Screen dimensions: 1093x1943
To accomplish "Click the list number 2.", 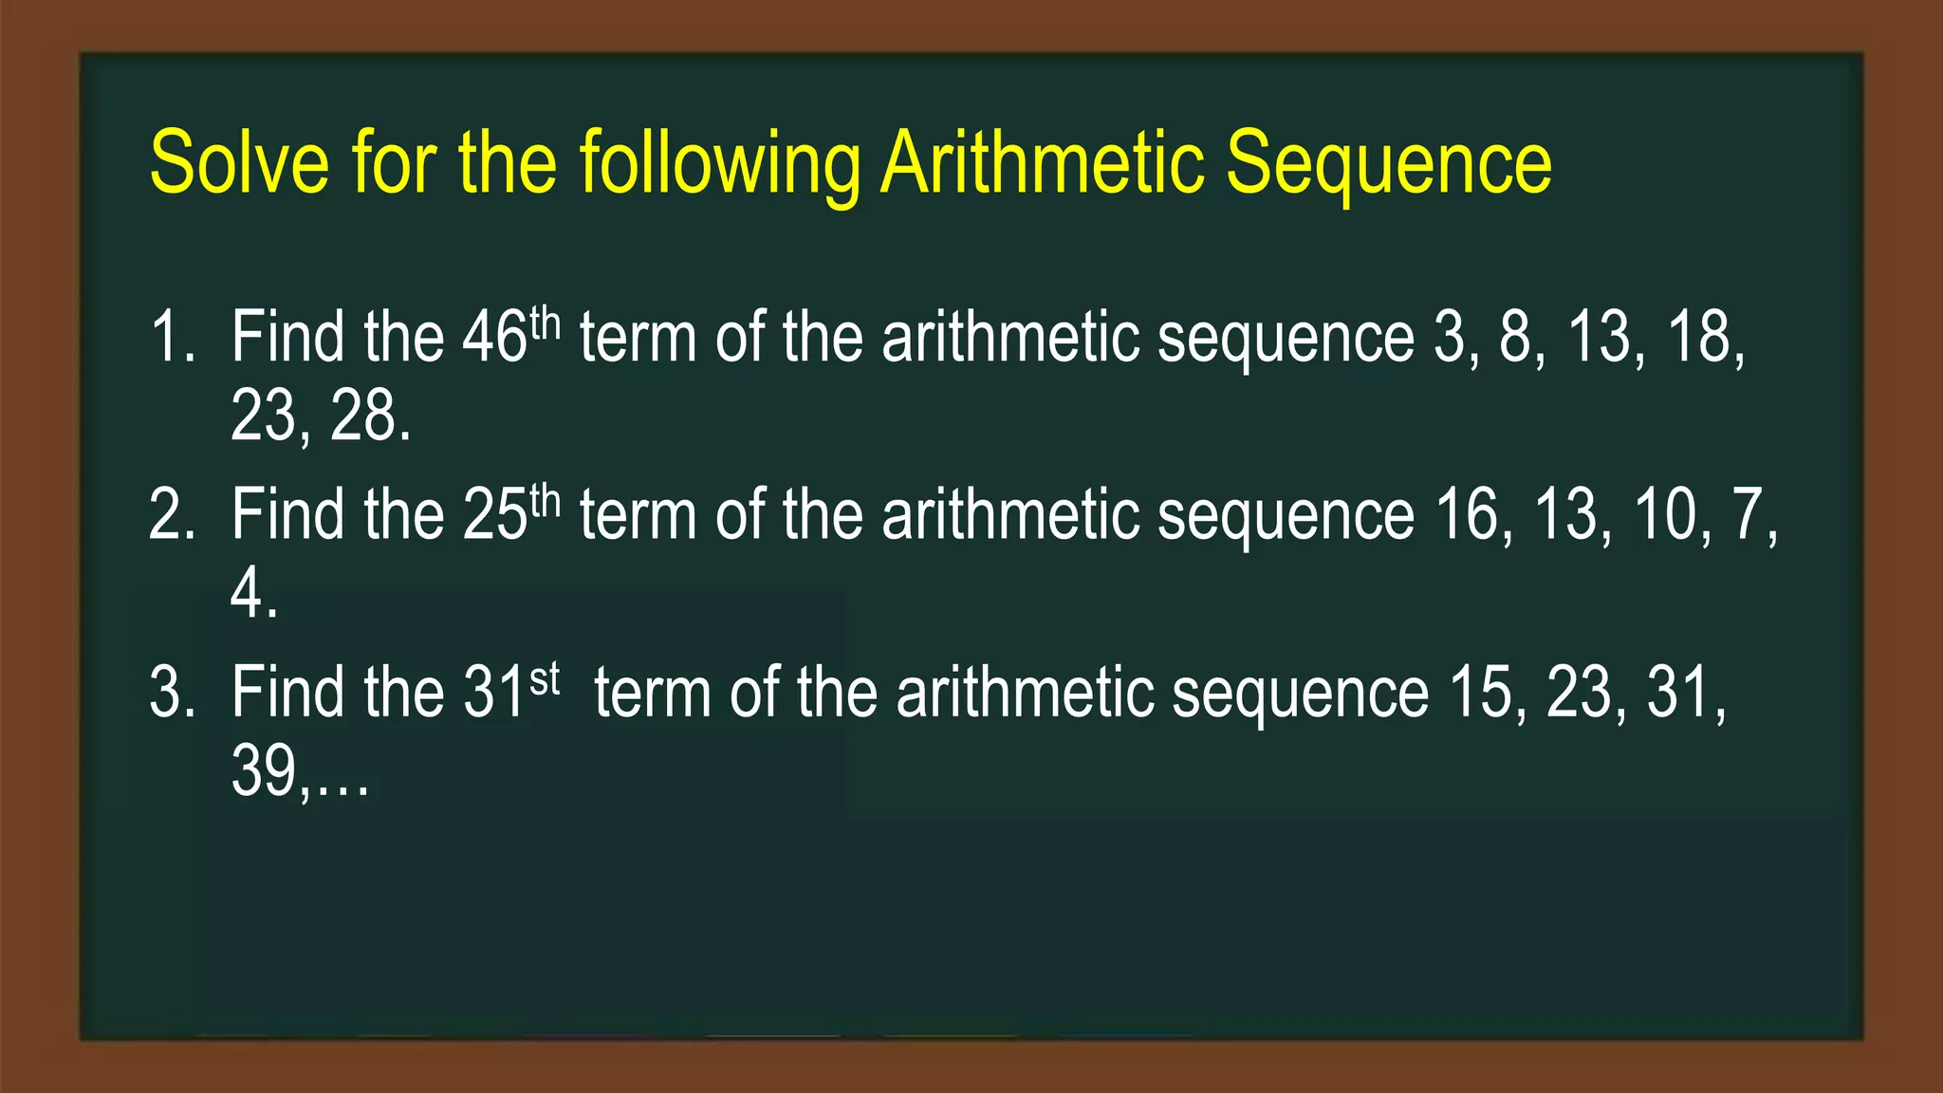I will (171, 515).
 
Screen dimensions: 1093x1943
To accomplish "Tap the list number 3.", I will (171, 693).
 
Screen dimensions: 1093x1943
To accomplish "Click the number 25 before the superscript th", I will (494, 515).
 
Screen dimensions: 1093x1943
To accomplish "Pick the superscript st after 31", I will (545, 680).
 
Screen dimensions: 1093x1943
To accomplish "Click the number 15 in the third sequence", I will (1486, 693).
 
